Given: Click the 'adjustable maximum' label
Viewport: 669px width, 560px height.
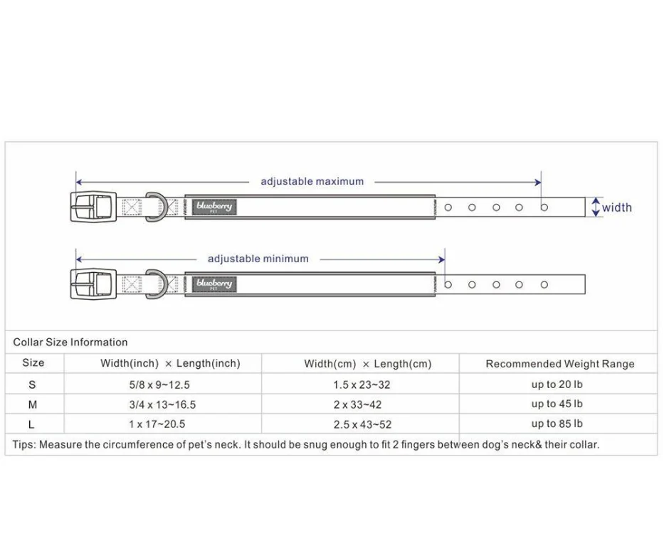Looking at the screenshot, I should pyautogui.click(x=312, y=181).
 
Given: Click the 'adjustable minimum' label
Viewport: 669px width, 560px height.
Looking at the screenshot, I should pyautogui.click(x=258, y=259).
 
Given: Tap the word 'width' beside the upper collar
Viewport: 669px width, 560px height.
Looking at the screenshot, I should pyautogui.click(x=616, y=208).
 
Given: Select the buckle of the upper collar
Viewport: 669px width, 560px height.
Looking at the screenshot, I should pyautogui.click(x=93, y=207).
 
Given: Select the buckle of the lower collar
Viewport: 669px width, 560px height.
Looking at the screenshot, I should pyautogui.click(x=93, y=284).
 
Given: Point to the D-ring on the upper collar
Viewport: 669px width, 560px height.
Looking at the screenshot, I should pyautogui.click(x=157, y=207).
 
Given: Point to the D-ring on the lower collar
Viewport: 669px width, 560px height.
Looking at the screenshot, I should pyautogui.click(x=157, y=284).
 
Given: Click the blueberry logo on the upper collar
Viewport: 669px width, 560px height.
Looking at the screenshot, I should pyautogui.click(x=214, y=207).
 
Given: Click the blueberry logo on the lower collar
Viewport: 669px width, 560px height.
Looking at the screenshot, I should pyautogui.click(x=214, y=284).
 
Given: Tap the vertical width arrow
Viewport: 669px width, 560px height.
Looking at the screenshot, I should pyautogui.click(x=595, y=208).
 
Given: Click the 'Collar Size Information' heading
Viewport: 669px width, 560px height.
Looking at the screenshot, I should pyautogui.click(x=70, y=343).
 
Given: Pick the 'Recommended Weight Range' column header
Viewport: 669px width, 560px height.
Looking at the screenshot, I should pyautogui.click(x=560, y=364).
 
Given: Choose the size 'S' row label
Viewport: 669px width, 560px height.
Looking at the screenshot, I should pyautogui.click(x=32, y=384).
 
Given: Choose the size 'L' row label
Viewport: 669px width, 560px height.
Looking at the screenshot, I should pyautogui.click(x=32, y=424).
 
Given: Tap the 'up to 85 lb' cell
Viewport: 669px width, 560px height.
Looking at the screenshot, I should pyautogui.click(x=557, y=424).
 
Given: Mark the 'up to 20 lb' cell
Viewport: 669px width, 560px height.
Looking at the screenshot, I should pyautogui.click(x=557, y=384).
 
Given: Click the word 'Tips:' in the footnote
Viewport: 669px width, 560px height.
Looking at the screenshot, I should pyautogui.click(x=24, y=445).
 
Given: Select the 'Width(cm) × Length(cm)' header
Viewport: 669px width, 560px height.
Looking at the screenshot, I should pyautogui.click(x=367, y=364).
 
